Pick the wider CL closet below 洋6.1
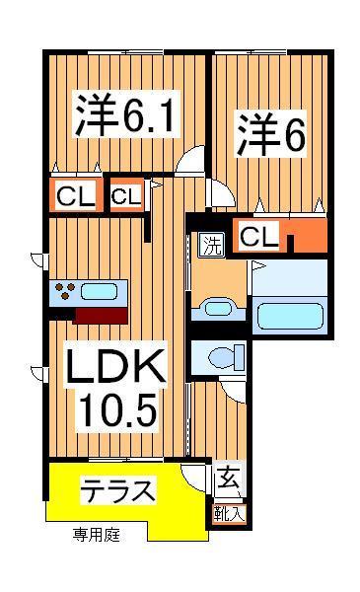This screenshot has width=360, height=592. pyautogui.click(x=75, y=196)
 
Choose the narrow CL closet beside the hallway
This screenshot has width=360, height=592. pyautogui.click(x=125, y=196)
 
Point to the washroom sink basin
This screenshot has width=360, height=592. pyautogui.click(x=214, y=310)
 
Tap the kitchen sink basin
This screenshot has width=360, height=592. pyautogui.click(x=99, y=291)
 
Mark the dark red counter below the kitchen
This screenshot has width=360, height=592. pyautogui.click(x=101, y=316)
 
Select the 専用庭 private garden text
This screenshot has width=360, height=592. pyautogui.click(x=97, y=536)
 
